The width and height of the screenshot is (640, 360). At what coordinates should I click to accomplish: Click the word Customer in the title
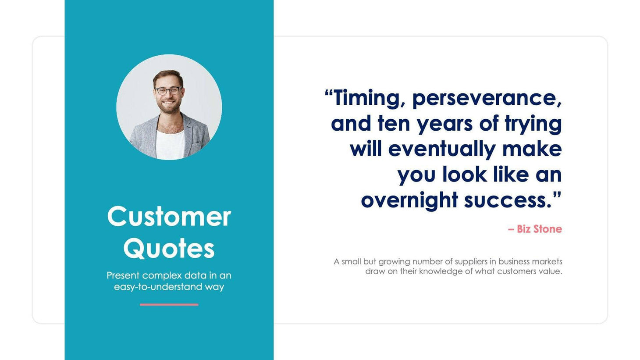(169, 217)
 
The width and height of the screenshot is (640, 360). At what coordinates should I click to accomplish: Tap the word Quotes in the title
(169, 249)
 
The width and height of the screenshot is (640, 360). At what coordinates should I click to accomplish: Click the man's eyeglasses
(168, 91)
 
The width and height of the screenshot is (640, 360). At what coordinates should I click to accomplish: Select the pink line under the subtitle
(169, 304)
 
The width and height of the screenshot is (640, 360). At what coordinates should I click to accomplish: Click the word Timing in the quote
(366, 98)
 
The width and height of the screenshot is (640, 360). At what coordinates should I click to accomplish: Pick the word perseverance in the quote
(487, 98)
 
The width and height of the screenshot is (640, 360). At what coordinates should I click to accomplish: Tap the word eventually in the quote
(441, 149)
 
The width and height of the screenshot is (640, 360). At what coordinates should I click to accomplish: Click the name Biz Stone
(539, 229)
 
